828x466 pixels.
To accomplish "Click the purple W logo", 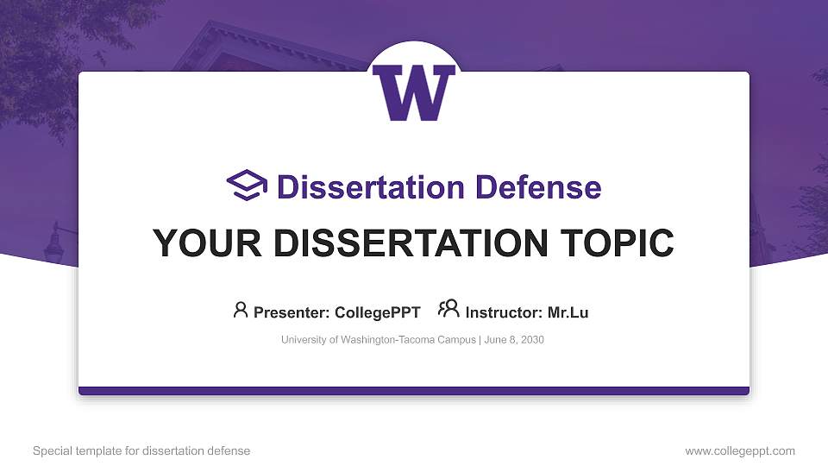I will pyautogui.click(x=414, y=92).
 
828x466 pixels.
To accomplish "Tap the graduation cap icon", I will pyautogui.click(x=247, y=186).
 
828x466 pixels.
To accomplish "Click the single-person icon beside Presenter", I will pyautogui.click(x=241, y=310).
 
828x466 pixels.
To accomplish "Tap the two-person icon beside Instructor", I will pyautogui.click(x=448, y=309).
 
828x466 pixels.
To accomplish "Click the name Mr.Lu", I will pyautogui.click(x=568, y=312).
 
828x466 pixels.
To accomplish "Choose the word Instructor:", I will pyautogui.click(x=504, y=312).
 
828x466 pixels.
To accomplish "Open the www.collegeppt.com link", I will pyautogui.click(x=740, y=450).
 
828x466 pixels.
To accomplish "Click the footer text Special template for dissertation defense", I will pyautogui.click(x=141, y=450).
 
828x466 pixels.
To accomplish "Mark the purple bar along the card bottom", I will pyautogui.click(x=414, y=391).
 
